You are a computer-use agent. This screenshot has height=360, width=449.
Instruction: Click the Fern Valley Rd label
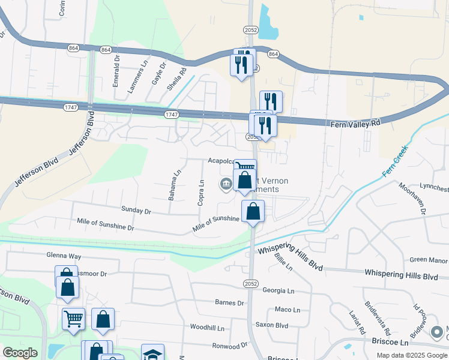point(356,123)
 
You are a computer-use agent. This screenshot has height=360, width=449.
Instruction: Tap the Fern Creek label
point(395,161)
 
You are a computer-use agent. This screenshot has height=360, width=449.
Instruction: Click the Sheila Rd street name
point(174,76)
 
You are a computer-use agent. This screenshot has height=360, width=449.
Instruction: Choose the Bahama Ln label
point(175,185)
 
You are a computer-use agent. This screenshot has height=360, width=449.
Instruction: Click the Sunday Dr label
point(136,211)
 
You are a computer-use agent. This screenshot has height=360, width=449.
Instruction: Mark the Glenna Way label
point(64,256)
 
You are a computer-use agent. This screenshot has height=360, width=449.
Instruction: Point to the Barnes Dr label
point(230,303)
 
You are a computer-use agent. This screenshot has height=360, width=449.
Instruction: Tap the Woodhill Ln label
point(206,328)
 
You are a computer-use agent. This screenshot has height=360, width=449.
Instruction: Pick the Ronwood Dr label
point(230,346)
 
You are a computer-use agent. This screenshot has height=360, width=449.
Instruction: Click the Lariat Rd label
point(357,322)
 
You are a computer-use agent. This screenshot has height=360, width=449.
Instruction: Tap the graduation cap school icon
point(152,353)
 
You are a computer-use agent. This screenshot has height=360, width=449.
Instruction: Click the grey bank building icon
point(226,183)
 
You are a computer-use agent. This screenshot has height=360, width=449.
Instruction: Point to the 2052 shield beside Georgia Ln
point(250,283)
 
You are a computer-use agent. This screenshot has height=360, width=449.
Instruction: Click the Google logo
point(20,353)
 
